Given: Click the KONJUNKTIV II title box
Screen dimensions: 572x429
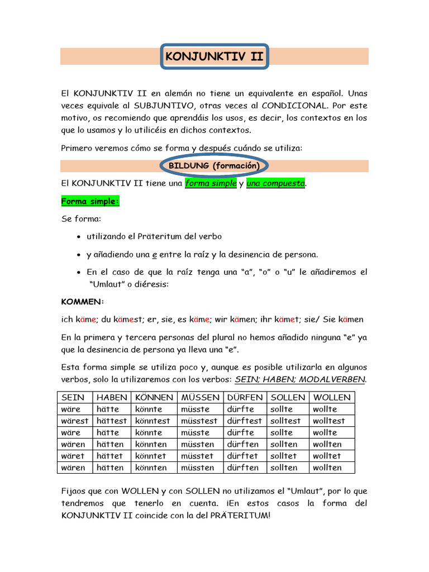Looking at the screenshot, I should pos(214,56).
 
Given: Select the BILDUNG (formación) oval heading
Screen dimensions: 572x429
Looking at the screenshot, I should pos(214,166).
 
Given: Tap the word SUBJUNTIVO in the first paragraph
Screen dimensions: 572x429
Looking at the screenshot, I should pos(160,105).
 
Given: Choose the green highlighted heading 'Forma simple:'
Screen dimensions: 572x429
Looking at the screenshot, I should pos(90,201).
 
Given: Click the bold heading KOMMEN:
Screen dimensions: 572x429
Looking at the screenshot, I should pos(82,302).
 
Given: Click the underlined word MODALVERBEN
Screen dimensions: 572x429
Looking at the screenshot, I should pos(333,379).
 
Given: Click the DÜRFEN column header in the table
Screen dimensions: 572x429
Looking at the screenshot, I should pos(245,397).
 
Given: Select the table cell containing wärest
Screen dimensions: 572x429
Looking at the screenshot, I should pos(75,421).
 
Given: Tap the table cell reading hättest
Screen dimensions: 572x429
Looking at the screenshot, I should pos(112,421).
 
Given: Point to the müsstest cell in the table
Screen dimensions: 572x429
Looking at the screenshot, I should pos(199,421).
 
